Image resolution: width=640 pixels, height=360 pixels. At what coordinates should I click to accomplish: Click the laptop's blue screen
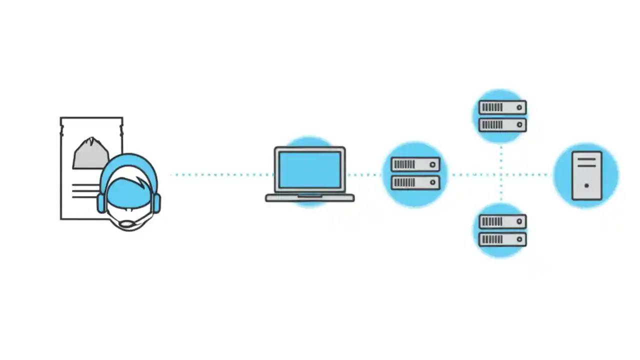coord(309,170)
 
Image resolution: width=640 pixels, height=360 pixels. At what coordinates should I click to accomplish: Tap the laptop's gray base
coord(309,198)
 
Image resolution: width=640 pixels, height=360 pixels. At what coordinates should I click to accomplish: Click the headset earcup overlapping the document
coord(101,203)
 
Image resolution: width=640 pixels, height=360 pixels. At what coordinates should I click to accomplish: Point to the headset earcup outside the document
coord(157,203)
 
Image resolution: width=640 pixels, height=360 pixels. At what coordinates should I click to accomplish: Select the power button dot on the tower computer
coord(586,185)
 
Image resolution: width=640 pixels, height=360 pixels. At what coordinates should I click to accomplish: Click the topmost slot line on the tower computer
coord(586,159)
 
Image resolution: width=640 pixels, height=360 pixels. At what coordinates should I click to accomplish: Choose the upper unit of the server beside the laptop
coord(415,164)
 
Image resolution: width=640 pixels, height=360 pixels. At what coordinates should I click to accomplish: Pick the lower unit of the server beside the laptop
coord(415,182)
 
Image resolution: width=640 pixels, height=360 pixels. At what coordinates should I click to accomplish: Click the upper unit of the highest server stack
coord(502,107)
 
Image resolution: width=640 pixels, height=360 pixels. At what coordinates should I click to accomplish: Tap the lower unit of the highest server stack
coord(502,124)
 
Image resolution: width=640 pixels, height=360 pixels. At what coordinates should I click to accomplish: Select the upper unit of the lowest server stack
coord(502,221)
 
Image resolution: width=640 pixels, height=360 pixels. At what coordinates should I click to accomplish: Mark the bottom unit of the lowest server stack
coord(502,239)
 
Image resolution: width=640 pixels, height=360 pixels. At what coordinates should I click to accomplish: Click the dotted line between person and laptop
coord(220,175)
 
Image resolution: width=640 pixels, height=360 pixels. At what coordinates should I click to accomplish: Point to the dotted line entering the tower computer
coord(535,175)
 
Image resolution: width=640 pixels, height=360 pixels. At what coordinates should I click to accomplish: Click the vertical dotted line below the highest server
coord(501,155)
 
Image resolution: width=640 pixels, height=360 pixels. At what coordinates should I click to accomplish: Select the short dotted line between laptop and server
coord(365,175)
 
